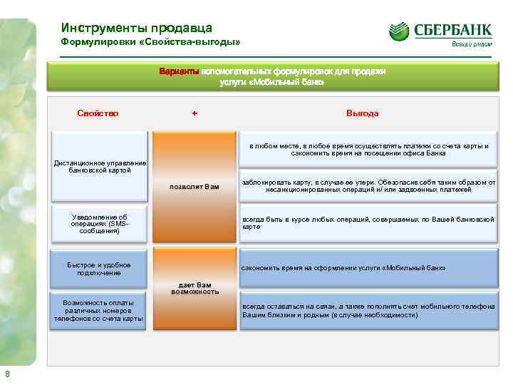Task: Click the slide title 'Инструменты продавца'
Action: tap(136, 28)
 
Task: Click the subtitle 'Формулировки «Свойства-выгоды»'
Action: tap(150, 43)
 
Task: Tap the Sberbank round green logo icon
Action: tap(399, 31)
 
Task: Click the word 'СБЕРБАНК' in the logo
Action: tap(452, 30)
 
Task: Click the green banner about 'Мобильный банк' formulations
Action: tap(272, 76)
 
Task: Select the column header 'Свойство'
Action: tap(98, 113)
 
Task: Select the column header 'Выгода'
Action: tap(362, 113)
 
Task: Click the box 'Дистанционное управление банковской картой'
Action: tap(100, 166)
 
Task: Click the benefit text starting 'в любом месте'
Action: tap(368, 150)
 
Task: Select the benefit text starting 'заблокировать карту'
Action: tap(368, 186)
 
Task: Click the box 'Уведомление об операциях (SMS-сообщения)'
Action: tap(100, 223)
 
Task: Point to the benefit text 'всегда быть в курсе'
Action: tap(368, 222)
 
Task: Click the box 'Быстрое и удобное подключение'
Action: tap(99, 269)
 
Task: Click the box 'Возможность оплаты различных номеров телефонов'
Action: tap(99, 311)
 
